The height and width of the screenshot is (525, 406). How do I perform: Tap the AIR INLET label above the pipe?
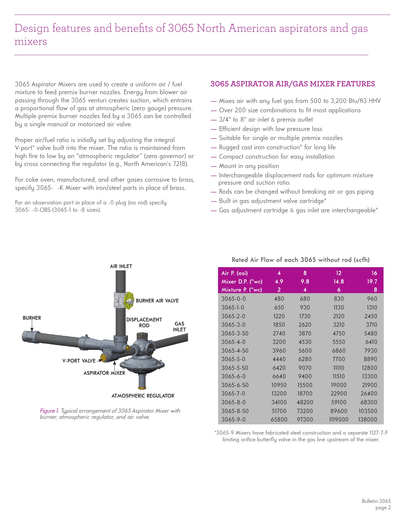click(x=121, y=266)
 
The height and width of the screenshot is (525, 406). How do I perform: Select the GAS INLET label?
click(x=179, y=327)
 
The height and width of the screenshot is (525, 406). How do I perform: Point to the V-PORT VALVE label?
click(x=79, y=361)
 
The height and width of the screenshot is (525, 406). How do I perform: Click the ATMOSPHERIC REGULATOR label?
click(x=143, y=396)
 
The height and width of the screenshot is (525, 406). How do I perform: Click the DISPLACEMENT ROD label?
click(x=144, y=323)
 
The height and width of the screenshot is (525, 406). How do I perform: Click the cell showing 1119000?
click(x=339, y=419)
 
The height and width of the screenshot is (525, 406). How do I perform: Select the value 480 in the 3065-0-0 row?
click(x=279, y=299)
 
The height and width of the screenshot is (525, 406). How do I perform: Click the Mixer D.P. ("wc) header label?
click(x=242, y=281)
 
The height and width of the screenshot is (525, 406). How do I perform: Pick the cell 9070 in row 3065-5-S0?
click(x=305, y=368)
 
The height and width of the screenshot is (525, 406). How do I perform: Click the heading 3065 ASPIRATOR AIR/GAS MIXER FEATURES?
click(x=292, y=84)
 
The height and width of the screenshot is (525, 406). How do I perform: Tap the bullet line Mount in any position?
click(x=249, y=166)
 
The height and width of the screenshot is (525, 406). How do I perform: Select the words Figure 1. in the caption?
click(x=49, y=411)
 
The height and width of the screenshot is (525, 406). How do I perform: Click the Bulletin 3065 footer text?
click(x=376, y=501)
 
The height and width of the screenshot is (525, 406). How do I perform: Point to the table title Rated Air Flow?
click(x=300, y=260)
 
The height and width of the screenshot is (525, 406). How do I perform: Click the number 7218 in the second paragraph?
click(x=180, y=164)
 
